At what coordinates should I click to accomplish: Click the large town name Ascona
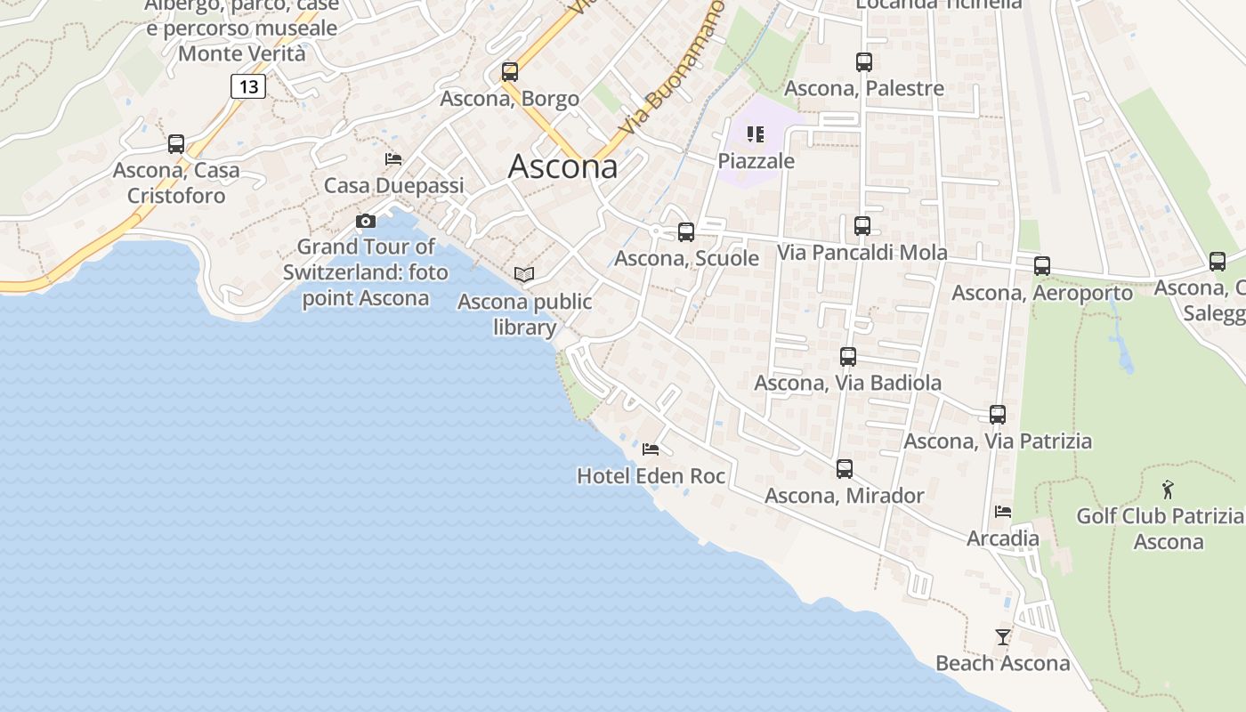[x=562, y=166]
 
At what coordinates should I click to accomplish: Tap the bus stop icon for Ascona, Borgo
[x=510, y=72]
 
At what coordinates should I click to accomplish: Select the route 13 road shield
[x=248, y=86]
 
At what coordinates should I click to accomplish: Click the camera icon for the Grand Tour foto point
[x=366, y=221]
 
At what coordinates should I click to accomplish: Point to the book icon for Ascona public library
[x=524, y=275]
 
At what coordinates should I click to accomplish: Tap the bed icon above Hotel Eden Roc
[x=651, y=449]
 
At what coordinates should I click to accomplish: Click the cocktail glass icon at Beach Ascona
[x=1003, y=636]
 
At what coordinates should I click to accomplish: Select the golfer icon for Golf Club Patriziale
[x=1168, y=489]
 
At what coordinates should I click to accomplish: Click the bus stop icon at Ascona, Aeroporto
[x=1042, y=266]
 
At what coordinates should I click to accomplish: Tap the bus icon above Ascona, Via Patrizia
[x=998, y=415]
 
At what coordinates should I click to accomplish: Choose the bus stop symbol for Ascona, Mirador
[x=845, y=469]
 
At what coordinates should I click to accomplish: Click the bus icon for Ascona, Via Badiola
[x=848, y=357]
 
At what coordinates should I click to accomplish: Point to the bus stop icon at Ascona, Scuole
[x=686, y=232]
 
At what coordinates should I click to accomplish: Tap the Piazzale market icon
[x=756, y=134]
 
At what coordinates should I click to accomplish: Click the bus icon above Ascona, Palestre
[x=864, y=62]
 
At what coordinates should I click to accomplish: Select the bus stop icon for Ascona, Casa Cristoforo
[x=176, y=144]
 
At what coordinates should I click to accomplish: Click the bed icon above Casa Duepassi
[x=393, y=159]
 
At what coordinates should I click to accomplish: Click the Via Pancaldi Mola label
[x=862, y=253]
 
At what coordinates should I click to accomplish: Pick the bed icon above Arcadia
[x=1003, y=512]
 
